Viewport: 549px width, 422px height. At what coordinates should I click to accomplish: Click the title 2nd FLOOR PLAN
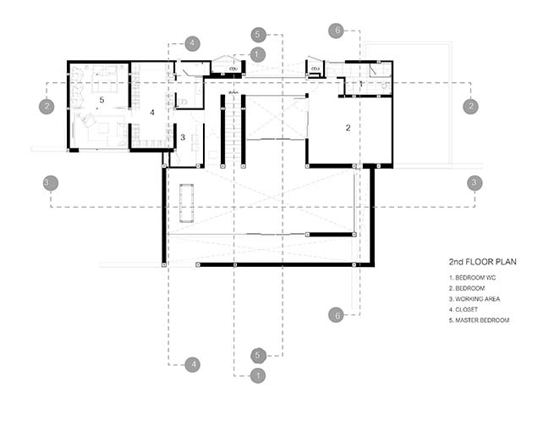(482, 262)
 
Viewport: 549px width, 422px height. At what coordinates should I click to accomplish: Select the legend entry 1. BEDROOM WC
(472, 277)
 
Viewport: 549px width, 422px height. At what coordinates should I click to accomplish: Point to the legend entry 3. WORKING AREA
(475, 299)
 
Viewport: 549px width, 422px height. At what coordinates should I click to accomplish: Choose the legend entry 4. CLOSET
(464, 309)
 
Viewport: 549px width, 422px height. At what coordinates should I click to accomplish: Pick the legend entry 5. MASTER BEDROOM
(479, 320)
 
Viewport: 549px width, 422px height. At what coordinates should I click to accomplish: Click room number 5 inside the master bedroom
(102, 100)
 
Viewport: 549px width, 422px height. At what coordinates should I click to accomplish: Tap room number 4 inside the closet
(152, 112)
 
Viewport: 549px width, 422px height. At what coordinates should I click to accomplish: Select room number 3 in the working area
(183, 137)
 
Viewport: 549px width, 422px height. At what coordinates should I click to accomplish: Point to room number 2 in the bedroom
(348, 128)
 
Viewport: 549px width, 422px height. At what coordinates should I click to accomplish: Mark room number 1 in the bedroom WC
(361, 84)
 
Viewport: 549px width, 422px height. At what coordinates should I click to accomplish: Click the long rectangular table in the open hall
(187, 203)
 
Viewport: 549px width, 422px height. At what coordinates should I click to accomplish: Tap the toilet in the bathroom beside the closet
(183, 102)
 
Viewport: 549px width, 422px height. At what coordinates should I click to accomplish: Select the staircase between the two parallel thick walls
(233, 129)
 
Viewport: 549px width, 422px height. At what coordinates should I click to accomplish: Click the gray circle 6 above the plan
(336, 31)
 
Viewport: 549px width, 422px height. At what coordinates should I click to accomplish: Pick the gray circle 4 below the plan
(193, 365)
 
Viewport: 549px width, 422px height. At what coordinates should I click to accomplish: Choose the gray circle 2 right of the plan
(470, 106)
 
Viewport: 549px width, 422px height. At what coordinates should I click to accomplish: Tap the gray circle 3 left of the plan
(51, 183)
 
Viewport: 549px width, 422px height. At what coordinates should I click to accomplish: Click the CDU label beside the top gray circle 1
(233, 69)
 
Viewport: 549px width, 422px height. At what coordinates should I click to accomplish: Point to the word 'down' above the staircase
(233, 92)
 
